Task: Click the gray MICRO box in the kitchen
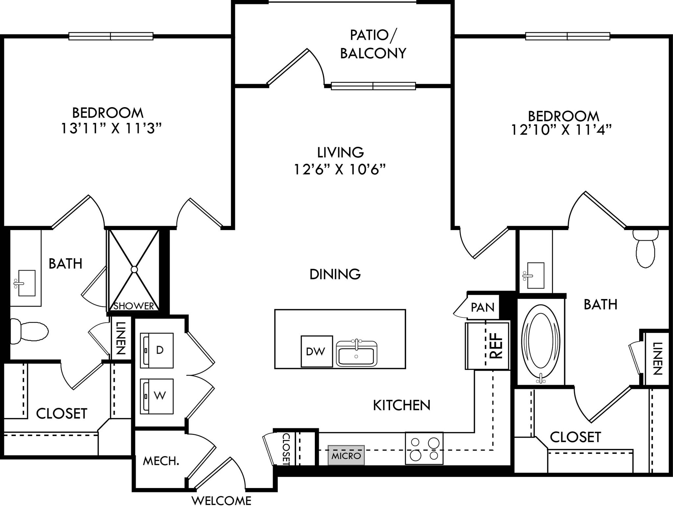(x=346, y=455)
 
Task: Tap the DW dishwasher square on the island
(x=316, y=351)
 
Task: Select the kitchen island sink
(x=356, y=354)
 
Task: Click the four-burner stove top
(x=424, y=448)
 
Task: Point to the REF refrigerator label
(x=496, y=345)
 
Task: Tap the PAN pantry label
(x=482, y=308)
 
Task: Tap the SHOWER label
(x=133, y=306)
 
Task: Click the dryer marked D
(x=157, y=350)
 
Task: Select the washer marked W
(x=157, y=396)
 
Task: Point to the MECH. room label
(x=161, y=461)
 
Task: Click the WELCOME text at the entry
(x=221, y=501)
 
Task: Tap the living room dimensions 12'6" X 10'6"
(x=339, y=170)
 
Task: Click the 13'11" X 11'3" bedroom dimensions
(x=111, y=128)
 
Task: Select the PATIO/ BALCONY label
(x=373, y=44)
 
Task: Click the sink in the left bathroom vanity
(x=26, y=283)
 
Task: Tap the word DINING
(x=335, y=274)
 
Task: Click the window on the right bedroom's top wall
(x=568, y=36)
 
